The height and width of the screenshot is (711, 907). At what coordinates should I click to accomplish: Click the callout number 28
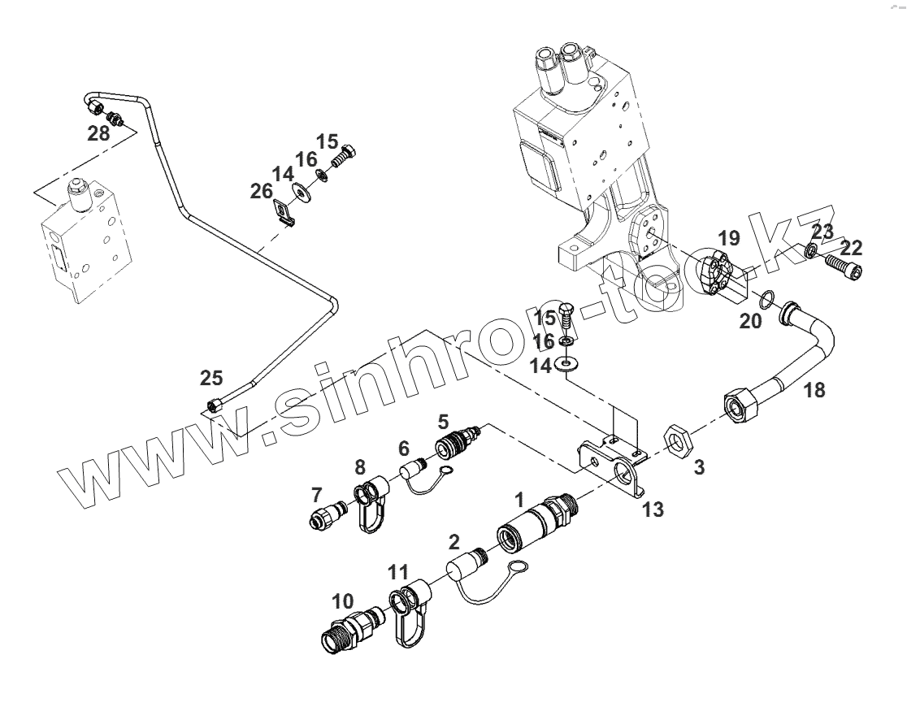coord(98,133)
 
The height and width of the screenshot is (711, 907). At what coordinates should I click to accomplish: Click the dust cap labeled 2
coord(465,570)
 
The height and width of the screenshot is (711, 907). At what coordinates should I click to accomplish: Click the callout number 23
coord(822,232)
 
